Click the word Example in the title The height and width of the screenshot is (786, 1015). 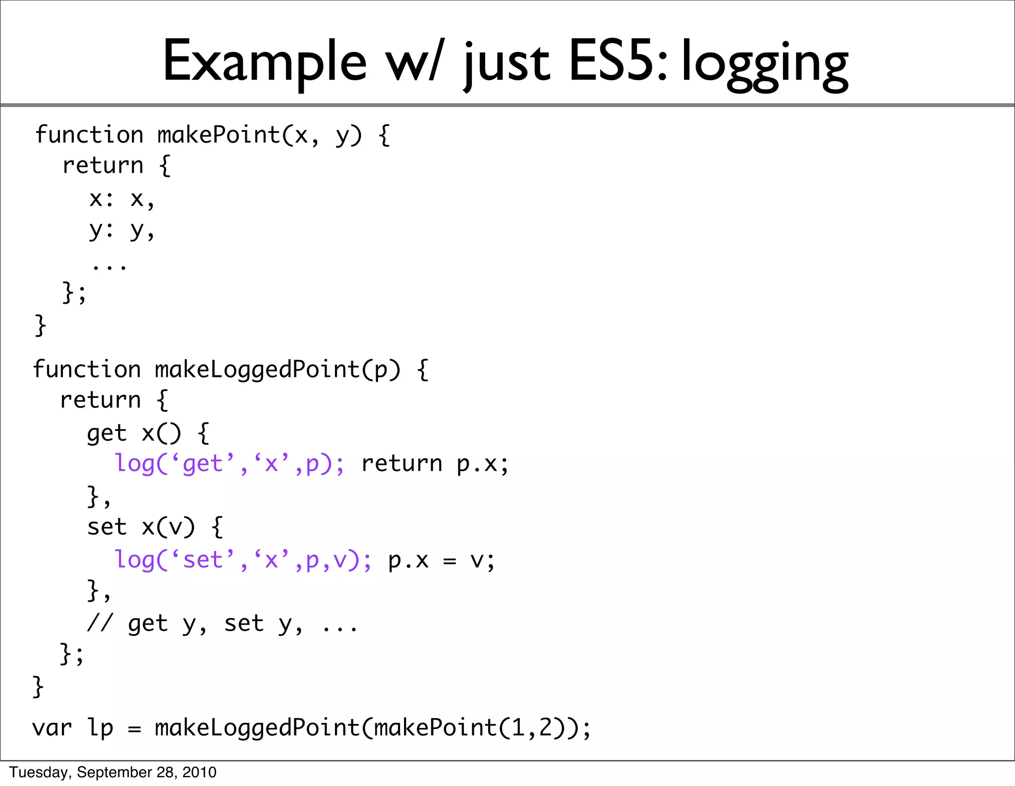coord(265,62)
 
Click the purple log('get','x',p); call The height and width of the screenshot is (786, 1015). coord(229,464)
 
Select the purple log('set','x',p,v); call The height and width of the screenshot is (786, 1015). coord(243,560)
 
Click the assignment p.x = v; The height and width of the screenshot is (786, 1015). coord(441,560)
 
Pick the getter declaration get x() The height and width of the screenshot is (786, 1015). coord(134,433)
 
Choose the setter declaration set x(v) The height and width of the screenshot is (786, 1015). coord(141,527)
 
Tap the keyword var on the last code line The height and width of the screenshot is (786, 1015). coord(52,728)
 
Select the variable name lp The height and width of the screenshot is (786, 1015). coord(101,728)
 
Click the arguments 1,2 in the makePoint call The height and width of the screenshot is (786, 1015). coord(532,728)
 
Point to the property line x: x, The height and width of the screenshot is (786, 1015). coord(122,199)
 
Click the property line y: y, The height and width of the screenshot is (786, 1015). coord(122,230)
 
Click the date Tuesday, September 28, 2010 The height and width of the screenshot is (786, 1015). coord(113,772)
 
